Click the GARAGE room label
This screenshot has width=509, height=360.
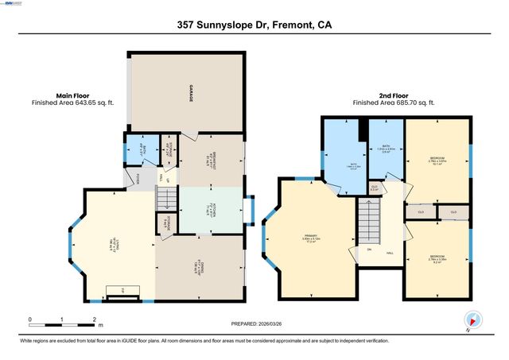[x=192, y=94]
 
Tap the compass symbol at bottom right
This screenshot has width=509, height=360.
[x=472, y=321]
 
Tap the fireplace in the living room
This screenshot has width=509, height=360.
[x=123, y=295]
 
